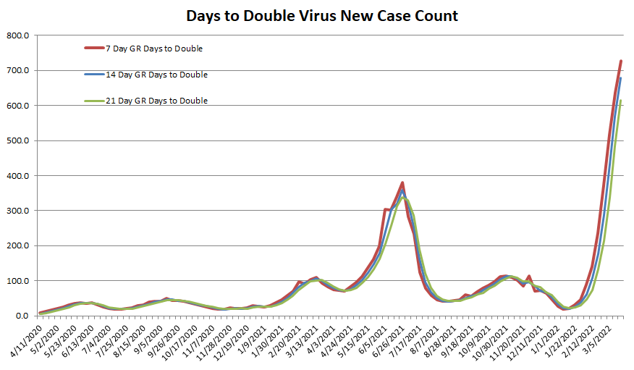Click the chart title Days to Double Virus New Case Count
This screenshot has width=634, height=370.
322,15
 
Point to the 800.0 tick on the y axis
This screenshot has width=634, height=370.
18,35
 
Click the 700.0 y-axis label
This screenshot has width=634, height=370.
18,70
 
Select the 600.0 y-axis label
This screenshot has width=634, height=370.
18,106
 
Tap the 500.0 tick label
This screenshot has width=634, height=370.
18,140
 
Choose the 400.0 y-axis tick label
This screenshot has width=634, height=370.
18,176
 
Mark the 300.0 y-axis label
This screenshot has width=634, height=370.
18,211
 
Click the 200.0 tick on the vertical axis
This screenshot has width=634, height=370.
18,245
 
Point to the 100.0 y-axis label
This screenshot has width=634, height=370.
18,281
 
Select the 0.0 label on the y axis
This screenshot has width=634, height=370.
22,316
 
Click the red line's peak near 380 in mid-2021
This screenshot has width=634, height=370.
402,182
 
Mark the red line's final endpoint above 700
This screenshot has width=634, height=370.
621,62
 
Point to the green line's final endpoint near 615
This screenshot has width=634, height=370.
621,101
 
